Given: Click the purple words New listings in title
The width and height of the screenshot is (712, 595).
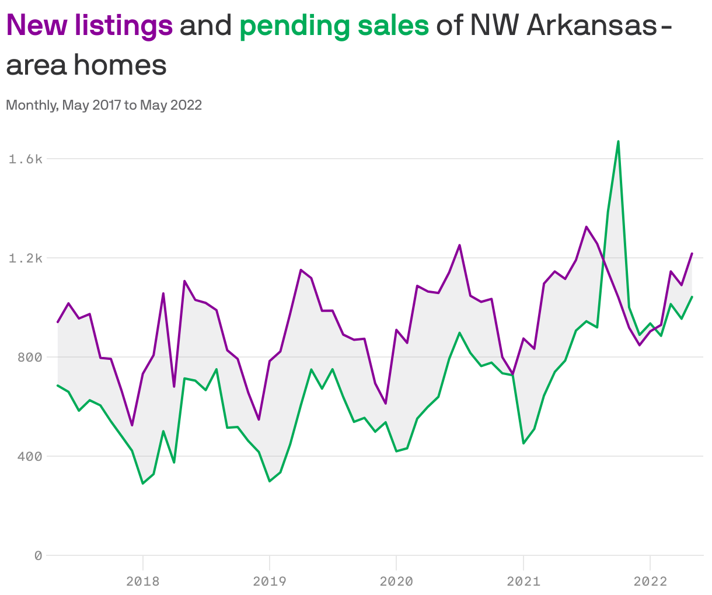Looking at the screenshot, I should click(x=89, y=26).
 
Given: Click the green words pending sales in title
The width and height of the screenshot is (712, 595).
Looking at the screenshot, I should click(x=334, y=26).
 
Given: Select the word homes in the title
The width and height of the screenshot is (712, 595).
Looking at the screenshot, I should click(x=120, y=65).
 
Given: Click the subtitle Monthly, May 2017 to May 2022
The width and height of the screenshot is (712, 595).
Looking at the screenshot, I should click(x=104, y=105).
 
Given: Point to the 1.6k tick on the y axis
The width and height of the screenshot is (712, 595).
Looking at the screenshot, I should click(x=26, y=159).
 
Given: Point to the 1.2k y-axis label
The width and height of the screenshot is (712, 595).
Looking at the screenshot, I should click(x=26, y=258).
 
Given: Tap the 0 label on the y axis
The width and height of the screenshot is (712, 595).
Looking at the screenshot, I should click(x=38, y=555).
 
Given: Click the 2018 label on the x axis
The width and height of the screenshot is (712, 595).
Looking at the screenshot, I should click(x=142, y=581).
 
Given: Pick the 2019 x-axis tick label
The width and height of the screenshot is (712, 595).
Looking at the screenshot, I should click(x=269, y=581).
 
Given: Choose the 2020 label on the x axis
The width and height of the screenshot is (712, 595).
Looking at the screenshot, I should click(x=396, y=581).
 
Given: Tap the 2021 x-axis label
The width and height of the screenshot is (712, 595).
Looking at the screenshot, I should click(x=523, y=581).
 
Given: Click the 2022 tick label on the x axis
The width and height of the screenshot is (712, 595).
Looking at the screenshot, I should click(x=650, y=581).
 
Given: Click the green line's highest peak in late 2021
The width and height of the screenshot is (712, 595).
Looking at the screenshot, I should click(x=618, y=141).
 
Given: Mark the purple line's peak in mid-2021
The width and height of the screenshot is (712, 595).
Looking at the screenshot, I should click(x=587, y=226).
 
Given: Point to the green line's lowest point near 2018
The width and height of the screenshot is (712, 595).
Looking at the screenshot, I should click(x=142, y=484).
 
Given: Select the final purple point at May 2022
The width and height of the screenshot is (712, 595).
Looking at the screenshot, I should click(x=692, y=253).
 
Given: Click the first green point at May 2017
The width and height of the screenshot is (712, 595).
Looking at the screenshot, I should click(x=58, y=385).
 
